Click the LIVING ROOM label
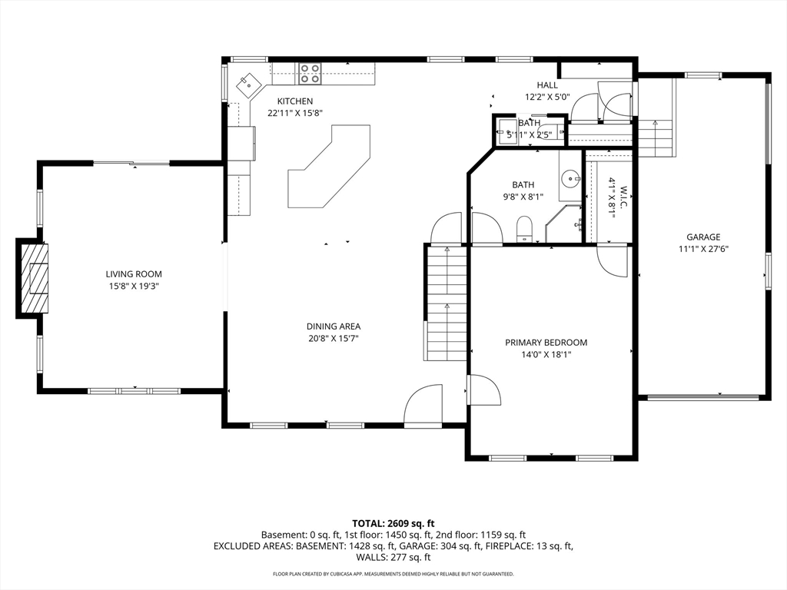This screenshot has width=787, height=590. [134, 274]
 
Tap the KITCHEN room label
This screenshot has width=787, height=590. [295, 101]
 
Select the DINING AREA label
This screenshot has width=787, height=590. [334, 326]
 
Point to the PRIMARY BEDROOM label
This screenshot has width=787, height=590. [546, 343]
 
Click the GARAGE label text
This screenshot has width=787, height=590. [703, 237]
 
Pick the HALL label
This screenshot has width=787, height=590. [547, 85]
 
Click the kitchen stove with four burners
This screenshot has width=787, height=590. [310, 73]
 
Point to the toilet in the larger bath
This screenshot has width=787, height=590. [524, 229]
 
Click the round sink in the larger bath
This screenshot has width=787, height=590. [571, 178]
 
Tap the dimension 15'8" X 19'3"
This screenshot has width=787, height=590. [134, 286]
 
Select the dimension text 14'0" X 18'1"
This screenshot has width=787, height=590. [546, 355]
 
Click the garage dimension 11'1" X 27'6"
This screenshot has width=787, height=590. [703, 249]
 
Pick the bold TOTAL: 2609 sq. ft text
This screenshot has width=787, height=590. [393, 524]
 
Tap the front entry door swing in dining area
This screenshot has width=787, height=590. [423, 406]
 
